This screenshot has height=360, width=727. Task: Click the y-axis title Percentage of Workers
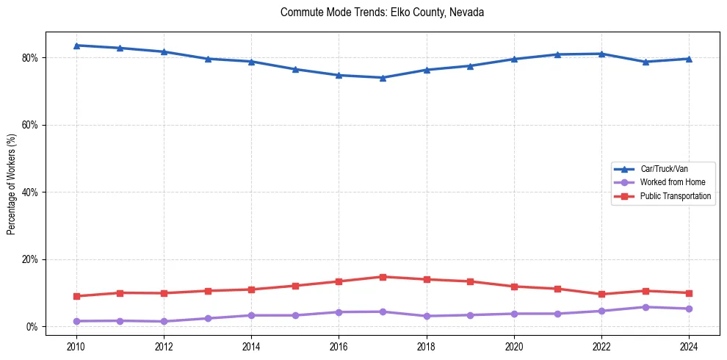[12, 184]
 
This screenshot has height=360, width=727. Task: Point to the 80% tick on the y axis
[29, 58]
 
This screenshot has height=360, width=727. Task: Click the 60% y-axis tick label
[29, 125]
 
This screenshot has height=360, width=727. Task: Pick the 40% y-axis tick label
[29, 192]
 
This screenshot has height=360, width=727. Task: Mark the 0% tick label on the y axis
[32, 327]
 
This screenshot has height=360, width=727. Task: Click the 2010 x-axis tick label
[76, 346]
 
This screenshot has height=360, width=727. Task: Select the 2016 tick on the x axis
[339, 346]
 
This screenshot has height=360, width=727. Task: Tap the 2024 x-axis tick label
[689, 346]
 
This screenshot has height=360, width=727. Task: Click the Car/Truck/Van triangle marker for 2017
[383, 78]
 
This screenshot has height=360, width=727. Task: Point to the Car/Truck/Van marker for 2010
[76, 46]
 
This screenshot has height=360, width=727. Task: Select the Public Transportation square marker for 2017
[383, 277]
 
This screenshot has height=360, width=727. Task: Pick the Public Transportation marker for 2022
[601, 294]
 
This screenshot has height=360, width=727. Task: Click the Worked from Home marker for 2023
[645, 307]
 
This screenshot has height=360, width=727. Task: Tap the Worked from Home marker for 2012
[164, 321]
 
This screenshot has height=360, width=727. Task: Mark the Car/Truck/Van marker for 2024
[689, 59]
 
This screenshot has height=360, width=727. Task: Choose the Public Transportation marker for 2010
[76, 296]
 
